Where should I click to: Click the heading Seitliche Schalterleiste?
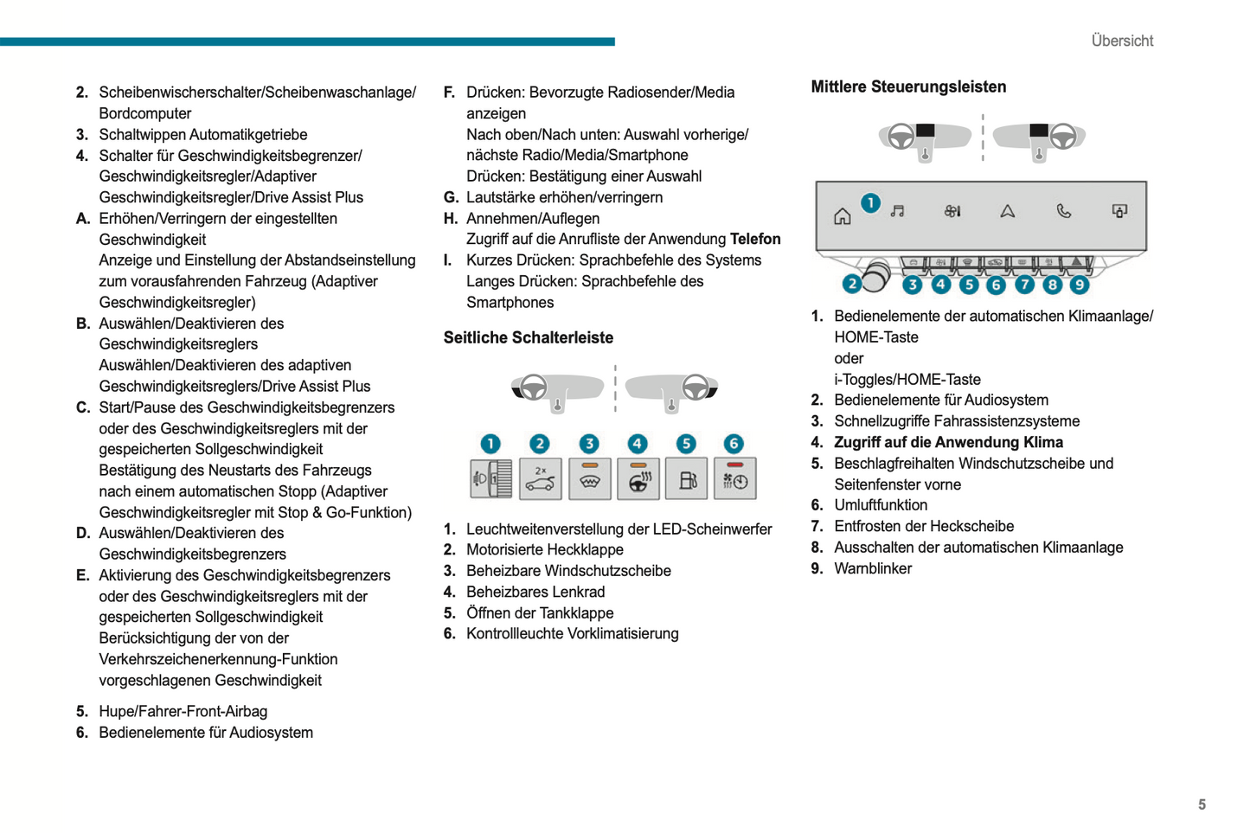point(528,338)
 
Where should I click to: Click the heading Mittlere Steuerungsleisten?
point(907,87)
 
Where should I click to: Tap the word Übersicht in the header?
point(1121,41)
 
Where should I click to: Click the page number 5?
point(1201,804)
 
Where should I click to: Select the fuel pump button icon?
point(686,479)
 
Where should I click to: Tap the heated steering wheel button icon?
point(638,479)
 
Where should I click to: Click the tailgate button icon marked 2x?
point(540,479)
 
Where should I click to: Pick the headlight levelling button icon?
point(490,479)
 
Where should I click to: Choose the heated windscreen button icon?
point(589,479)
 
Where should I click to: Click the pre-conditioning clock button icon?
point(735,479)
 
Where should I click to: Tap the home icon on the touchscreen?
point(842,216)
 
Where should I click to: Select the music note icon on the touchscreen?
point(897,211)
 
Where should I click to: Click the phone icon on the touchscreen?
point(1063,211)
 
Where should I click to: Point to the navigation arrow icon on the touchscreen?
point(1008,211)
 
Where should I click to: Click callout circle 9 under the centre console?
point(1079,285)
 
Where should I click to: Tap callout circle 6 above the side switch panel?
point(734,444)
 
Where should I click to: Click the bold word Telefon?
point(755,240)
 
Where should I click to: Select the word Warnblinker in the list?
point(872,569)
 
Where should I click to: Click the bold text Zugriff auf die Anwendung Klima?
point(948,443)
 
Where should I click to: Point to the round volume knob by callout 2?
point(875,276)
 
